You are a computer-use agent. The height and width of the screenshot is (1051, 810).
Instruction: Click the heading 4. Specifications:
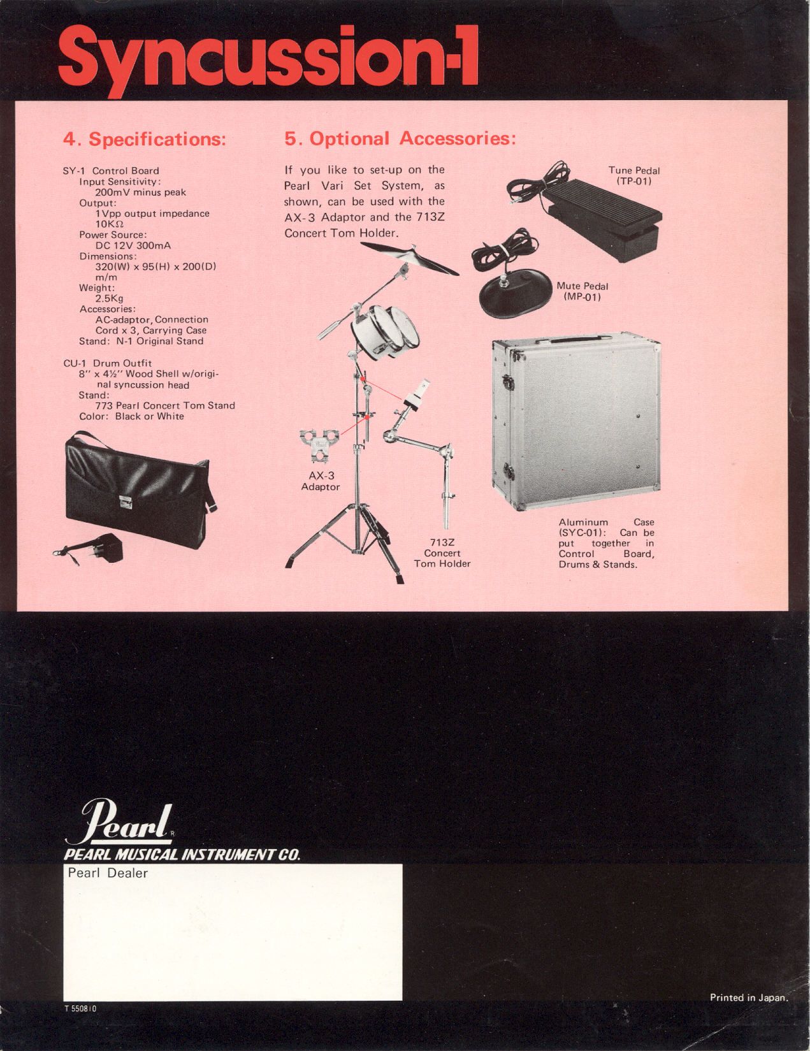[x=145, y=140]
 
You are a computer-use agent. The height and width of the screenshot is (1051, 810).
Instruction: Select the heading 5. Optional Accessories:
[x=400, y=139]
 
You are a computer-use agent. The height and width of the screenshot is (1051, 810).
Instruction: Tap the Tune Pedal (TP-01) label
[x=634, y=175]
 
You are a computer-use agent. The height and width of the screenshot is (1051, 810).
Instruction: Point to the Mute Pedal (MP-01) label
[x=582, y=291]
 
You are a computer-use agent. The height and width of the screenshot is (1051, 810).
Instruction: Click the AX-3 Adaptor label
[x=321, y=481]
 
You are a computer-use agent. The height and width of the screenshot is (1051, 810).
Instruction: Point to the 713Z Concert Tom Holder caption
[x=442, y=553]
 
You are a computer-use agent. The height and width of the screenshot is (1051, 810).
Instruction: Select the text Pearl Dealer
[x=107, y=873]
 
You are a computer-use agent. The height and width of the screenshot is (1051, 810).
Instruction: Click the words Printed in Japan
[x=749, y=997]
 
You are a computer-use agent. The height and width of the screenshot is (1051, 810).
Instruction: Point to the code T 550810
[x=80, y=1008]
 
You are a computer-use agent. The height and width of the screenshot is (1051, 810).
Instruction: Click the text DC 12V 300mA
[x=133, y=245]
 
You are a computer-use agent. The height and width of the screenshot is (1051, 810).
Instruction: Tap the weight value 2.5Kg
[x=109, y=298]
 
